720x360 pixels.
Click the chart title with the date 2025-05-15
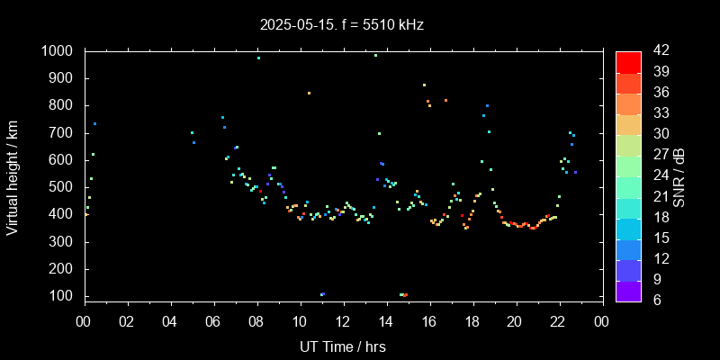coord(340,24)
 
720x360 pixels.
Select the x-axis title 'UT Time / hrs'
coord(343,346)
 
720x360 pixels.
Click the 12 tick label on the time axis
coord(343,321)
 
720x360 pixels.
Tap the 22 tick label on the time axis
coord(558,321)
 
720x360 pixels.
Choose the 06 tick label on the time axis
coord(214,321)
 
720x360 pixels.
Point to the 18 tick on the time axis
coord(472,321)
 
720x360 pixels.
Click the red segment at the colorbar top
coord(628,61)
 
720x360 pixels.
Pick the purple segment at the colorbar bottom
coord(628,290)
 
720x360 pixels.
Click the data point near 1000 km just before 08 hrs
coord(258,58)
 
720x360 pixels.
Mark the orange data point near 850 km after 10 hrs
coord(309,93)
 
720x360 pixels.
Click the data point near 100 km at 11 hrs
coord(321,294)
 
